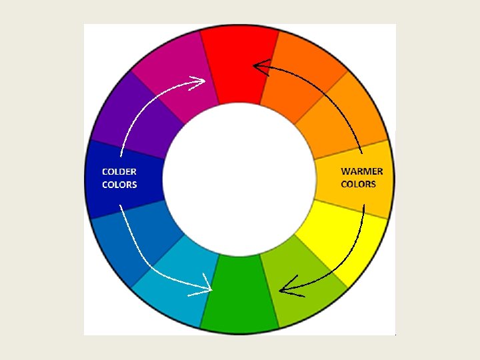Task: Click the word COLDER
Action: point(119,171)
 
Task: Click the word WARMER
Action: point(362,171)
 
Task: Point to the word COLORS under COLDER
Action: point(119,185)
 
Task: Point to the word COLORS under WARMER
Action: point(359,184)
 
